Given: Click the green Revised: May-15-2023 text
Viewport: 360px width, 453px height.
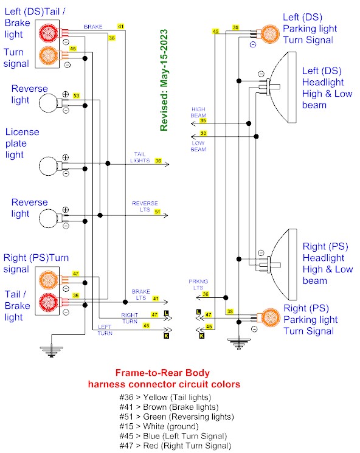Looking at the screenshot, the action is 164,80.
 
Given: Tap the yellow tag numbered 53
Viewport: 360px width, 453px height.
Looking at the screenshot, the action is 76,95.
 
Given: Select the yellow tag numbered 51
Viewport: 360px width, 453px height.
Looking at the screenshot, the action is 157,212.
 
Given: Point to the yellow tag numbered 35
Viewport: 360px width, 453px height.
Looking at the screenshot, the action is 203,121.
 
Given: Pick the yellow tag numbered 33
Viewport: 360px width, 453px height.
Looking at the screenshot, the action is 203,133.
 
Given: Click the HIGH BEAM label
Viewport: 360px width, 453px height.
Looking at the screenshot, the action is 198,112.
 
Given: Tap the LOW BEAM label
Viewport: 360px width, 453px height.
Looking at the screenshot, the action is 198,146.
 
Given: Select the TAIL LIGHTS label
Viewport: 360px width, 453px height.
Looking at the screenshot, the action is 140,157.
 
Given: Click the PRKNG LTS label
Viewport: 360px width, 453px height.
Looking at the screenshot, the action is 198,285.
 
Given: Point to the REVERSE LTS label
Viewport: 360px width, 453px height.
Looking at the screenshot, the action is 145,206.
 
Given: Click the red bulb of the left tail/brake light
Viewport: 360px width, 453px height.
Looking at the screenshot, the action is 48,33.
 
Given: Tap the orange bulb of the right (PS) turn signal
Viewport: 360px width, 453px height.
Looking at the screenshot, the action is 48,280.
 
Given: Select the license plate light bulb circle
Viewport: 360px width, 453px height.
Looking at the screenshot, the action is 48,166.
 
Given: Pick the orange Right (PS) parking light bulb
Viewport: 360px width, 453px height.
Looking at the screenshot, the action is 271,317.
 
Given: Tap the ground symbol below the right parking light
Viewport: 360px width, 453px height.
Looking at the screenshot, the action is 238,343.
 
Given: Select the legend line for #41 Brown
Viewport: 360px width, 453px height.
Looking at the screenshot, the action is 169,407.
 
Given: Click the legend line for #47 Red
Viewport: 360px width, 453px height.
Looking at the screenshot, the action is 175,446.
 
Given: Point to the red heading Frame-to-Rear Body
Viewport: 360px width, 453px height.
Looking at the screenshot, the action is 162,373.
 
